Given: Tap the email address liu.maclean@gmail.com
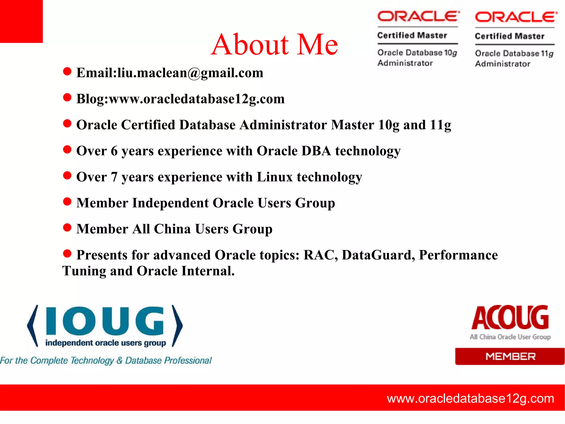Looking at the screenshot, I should pyautogui.click(x=190, y=73).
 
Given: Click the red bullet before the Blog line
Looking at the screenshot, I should pyautogui.click(x=67, y=98).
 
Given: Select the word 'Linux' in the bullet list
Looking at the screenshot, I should pyautogui.click(x=274, y=177).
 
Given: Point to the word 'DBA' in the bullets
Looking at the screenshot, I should pyautogui.click(x=316, y=151).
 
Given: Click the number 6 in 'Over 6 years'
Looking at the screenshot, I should pyautogui.click(x=114, y=151).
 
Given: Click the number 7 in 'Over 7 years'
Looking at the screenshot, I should pyautogui.click(x=114, y=177).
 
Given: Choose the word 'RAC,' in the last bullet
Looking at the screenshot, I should pyautogui.click(x=320, y=255).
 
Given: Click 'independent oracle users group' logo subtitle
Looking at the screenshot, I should pyautogui.click(x=106, y=343).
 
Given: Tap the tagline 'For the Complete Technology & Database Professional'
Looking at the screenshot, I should pyautogui.click(x=106, y=360).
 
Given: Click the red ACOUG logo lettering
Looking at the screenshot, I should pyautogui.click(x=510, y=318).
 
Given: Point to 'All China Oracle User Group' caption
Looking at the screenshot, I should pyautogui.click(x=510, y=337).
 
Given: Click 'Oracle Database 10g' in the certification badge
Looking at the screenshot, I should pyautogui.click(x=417, y=52).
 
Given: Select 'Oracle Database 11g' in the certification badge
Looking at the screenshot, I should pyautogui.click(x=514, y=53).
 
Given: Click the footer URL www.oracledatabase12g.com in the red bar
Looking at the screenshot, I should pyautogui.click(x=470, y=399).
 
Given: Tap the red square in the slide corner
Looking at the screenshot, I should pyautogui.click(x=21, y=21).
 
